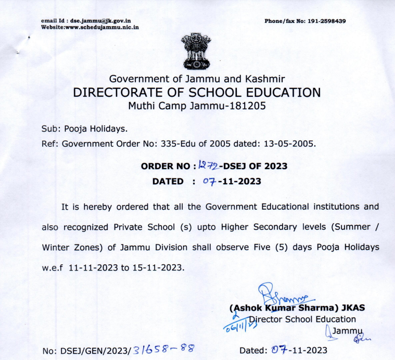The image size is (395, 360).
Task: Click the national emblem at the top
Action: [197, 52]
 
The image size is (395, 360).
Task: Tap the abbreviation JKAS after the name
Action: [353, 307]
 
